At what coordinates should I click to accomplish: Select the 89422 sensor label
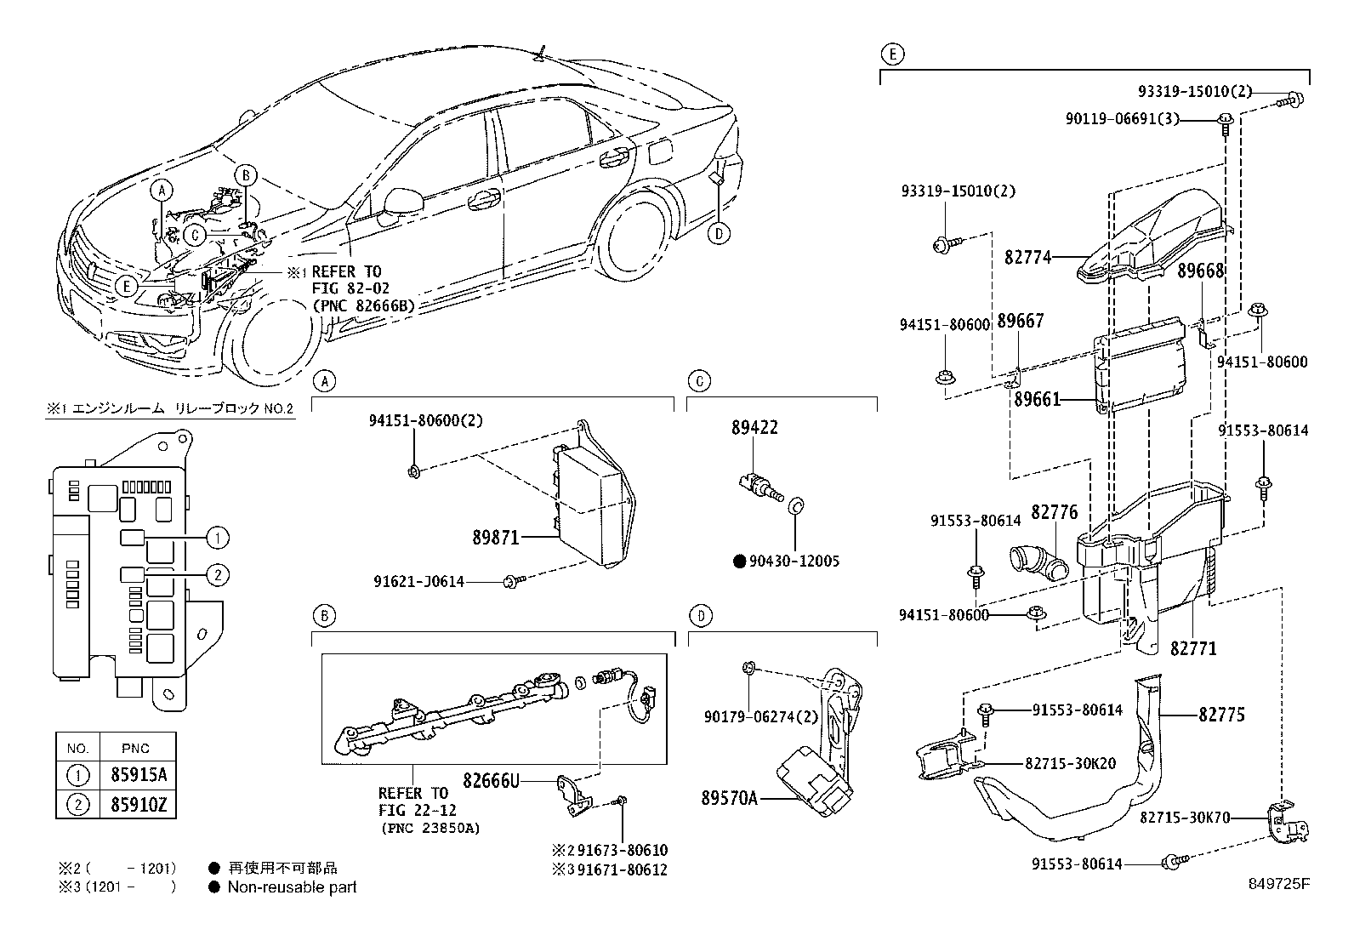pyautogui.click(x=754, y=428)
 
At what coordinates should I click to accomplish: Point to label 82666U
pyautogui.click(x=491, y=779)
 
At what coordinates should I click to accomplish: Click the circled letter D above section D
pyautogui.click(x=699, y=615)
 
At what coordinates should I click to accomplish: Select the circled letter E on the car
pyautogui.click(x=126, y=286)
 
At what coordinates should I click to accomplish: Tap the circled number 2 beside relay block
pyautogui.click(x=218, y=575)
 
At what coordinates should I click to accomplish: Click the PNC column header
pyautogui.click(x=135, y=748)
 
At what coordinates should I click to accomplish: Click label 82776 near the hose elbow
pyautogui.click(x=1055, y=512)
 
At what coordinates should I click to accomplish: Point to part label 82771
pyautogui.click(x=1193, y=648)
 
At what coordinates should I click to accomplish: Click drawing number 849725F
pyautogui.click(x=1278, y=884)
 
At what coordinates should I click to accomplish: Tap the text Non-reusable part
pyautogui.click(x=292, y=887)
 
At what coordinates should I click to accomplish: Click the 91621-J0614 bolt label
pyautogui.click(x=418, y=581)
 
